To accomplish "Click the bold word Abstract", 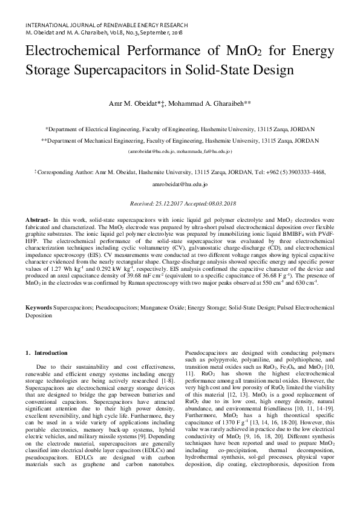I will [41, 219].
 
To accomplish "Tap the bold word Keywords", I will [39, 308].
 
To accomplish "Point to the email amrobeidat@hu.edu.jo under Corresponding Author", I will [180, 183].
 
